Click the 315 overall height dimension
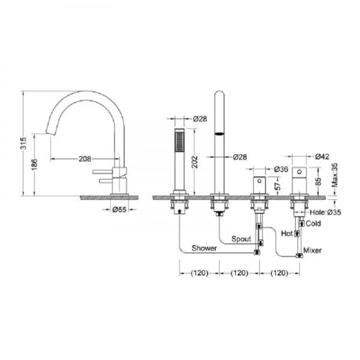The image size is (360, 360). (23, 143)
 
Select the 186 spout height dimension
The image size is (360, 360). (34, 164)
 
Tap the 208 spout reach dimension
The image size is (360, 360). (85, 158)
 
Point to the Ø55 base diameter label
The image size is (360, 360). (119, 209)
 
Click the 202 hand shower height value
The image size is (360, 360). (194, 162)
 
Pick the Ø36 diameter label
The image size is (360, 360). (281, 169)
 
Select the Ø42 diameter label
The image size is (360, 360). (322, 157)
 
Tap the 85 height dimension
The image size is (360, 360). (318, 181)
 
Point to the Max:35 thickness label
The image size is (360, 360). (335, 175)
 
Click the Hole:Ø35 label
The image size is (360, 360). (325, 212)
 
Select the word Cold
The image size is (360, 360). (313, 223)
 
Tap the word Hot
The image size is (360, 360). (287, 233)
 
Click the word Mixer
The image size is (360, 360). (313, 250)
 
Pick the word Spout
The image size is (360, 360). (241, 239)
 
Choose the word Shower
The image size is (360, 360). (205, 248)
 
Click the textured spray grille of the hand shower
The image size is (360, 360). (179, 142)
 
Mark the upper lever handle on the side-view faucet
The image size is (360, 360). (103, 172)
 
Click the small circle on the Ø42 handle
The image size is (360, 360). (299, 172)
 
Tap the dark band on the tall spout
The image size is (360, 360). (219, 134)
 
